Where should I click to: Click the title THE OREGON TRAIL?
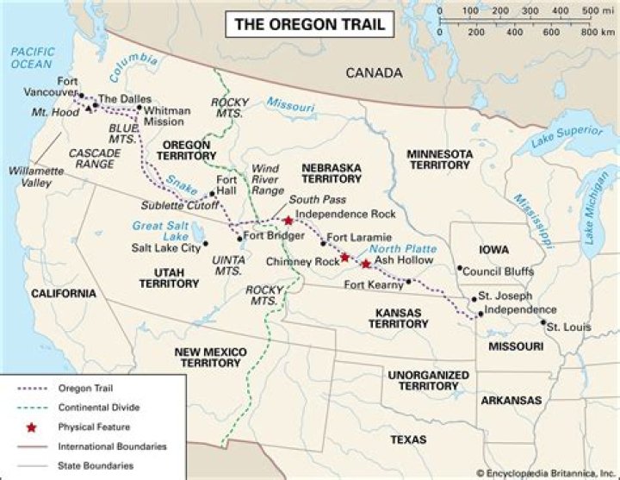311,24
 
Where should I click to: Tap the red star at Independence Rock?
288,221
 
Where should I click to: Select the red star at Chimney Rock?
344,257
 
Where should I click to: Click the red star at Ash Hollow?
367,264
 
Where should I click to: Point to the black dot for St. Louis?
542,323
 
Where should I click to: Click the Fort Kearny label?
374,285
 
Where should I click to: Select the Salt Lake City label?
165,247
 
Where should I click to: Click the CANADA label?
374,73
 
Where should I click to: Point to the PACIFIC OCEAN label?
33,58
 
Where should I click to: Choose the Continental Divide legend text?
98,407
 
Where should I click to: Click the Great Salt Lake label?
159,230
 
